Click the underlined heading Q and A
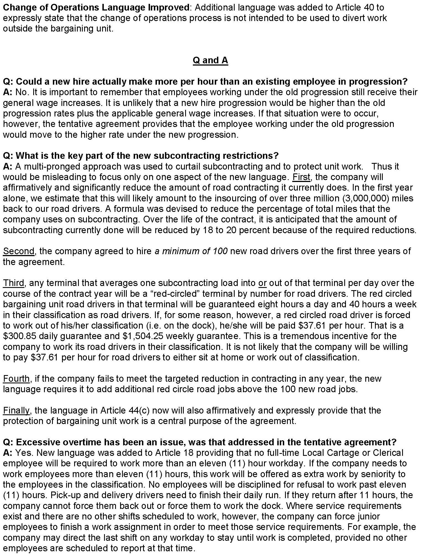(x=210, y=60)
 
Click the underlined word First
(x=301, y=177)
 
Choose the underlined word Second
(x=19, y=251)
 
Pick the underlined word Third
(x=14, y=283)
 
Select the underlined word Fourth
(x=16, y=379)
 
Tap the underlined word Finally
(x=16, y=410)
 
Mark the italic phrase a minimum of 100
(x=191, y=251)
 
